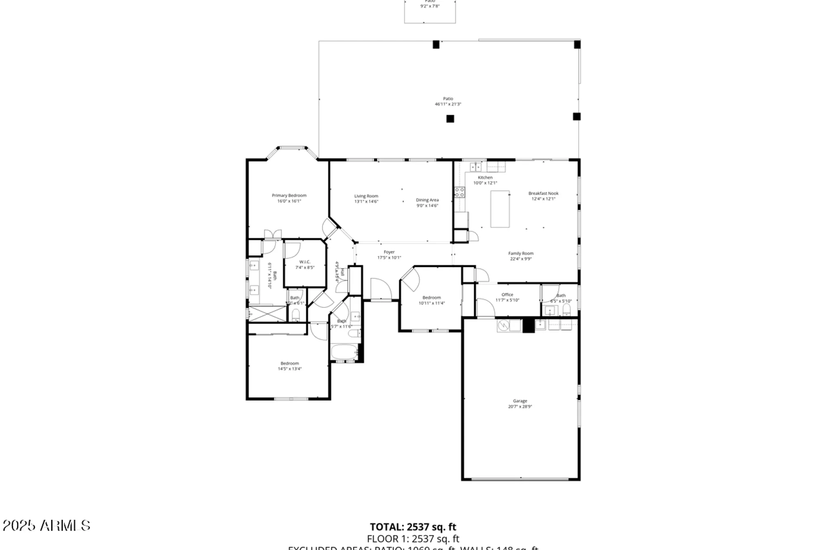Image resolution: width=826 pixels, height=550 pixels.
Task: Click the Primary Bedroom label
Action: click(289, 196)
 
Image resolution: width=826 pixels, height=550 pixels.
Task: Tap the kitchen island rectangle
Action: click(500, 209)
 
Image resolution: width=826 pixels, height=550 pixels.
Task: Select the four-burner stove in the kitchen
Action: click(459, 192)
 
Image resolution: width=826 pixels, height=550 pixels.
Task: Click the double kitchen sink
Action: click(476, 167)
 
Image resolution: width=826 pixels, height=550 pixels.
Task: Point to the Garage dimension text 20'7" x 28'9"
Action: click(520, 406)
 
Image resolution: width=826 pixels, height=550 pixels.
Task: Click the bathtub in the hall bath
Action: click(344, 352)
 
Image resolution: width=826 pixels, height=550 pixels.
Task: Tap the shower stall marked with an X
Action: click(267, 314)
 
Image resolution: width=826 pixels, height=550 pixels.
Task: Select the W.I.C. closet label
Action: click(305, 262)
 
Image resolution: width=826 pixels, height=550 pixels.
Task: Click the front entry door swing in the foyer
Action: click(380, 289)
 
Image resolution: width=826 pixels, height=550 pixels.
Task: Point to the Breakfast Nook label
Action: click(543, 193)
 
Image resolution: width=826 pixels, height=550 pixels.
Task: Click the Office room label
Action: click(507, 295)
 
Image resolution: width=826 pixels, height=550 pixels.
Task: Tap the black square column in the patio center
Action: click(450, 119)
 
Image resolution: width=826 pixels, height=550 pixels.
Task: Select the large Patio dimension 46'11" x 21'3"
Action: click(448, 104)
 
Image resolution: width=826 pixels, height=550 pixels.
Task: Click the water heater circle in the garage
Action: click(503, 326)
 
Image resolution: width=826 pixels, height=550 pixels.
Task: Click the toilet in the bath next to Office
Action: click(566, 310)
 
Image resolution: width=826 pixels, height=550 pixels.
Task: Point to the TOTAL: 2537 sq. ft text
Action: click(413, 527)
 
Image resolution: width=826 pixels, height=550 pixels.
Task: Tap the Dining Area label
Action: click(427, 200)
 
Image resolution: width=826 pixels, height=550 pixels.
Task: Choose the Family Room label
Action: click(521, 253)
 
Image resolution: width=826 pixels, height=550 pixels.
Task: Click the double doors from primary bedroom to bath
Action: click(273, 234)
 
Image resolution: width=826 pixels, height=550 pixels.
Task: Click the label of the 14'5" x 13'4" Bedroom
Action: click(290, 364)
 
